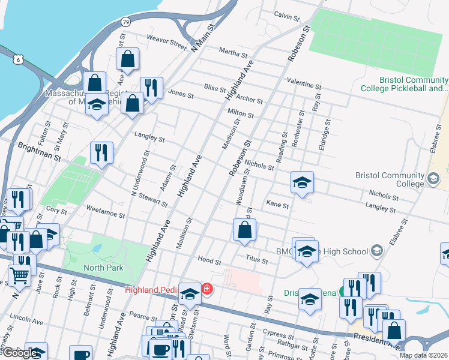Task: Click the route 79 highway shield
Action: coord(125,22)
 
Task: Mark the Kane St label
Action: coord(277,205)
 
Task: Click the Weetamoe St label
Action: coord(105,214)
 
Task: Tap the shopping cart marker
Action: coord(19,276)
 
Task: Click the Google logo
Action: coord(19,353)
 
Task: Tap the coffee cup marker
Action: coord(160,349)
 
